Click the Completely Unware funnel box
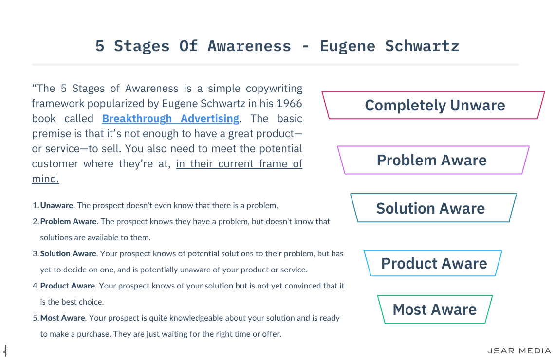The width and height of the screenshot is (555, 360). (x=433, y=106)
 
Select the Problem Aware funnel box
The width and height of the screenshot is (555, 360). (x=433, y=160)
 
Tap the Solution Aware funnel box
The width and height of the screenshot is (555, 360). (x=433, y=208)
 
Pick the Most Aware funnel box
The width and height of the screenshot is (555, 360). (x=435, y=309)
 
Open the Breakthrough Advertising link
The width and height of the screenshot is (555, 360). (x=170, y=119)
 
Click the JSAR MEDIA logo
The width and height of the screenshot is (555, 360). (x=519, y=351)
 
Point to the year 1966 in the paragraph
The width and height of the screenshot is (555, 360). (x=289, y=103)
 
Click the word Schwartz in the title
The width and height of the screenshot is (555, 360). (x=422, y=46)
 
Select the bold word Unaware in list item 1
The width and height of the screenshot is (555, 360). (x=56, y=205)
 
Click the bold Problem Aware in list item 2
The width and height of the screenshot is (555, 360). (x=68, y=221)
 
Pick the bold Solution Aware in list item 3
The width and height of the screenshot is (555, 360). (x=68, y=253)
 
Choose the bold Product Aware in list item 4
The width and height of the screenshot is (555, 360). (x=68, y=286)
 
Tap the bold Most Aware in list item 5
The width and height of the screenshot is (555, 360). (x=63, y=318)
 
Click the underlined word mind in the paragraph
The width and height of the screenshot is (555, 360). (x=45, y=179)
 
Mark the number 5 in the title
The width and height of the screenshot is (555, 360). (x=100, y=46)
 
